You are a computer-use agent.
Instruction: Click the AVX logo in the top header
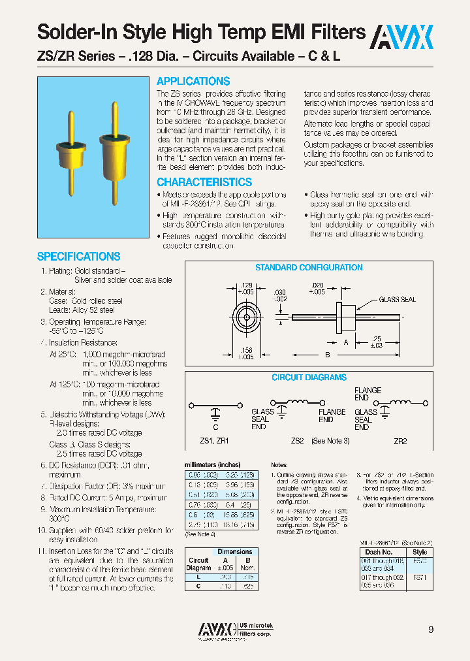pyautogui.click(x=402, y=37)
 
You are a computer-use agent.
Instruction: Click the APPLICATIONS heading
pyautogui.click(x=193, y=82)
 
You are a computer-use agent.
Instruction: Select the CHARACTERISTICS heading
pyautogui.click(x=204, y=182)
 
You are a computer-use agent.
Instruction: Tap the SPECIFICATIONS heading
pyautogui.click(x=78, y=257)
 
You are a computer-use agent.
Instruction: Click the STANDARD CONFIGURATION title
pyautogui.click(x=309, y=267)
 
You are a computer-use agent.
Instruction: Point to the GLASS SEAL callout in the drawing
pyautogui.click(x=398, y=300)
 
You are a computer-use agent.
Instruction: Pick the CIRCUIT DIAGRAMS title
pyautogui.click(x=309, y=378)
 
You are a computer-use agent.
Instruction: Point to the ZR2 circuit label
pyautogui.click(x=399, y=441)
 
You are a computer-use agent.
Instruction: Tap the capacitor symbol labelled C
pyautogui.click(x=215, y=411)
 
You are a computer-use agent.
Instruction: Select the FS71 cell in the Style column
pyautogui.click(x=420, y=578)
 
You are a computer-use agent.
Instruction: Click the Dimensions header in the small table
pyautogui.click(x=234, y=551)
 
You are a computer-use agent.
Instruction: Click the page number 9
pyautogui.click(x=431, y=630)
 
